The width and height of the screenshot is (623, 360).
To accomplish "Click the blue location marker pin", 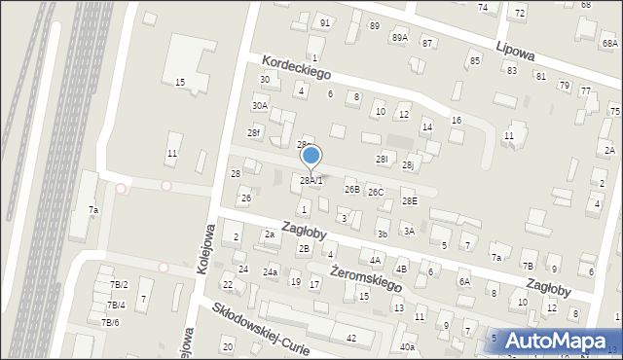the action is (311, 155).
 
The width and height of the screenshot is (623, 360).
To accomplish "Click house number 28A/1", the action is (311, 181).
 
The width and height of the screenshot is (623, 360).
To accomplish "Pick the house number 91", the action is (325, 22).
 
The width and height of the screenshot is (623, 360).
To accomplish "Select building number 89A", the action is (400, 37).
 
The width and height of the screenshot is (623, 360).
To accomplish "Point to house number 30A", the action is (259, 106).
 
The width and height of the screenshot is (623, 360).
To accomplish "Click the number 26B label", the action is (352, 190).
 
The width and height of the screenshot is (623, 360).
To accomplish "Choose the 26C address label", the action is (376, 193).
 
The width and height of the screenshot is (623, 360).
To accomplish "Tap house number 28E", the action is (410, 201).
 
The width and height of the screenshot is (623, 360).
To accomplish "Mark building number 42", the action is (351, 338).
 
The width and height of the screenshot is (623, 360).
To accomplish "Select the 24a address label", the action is (270, 271).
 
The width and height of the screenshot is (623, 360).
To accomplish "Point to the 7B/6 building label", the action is (111, 322).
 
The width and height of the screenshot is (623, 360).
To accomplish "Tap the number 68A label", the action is (609, 44).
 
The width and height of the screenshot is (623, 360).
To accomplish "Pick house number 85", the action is (474, 61).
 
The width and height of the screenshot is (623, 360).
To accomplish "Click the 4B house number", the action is (401, 269).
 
